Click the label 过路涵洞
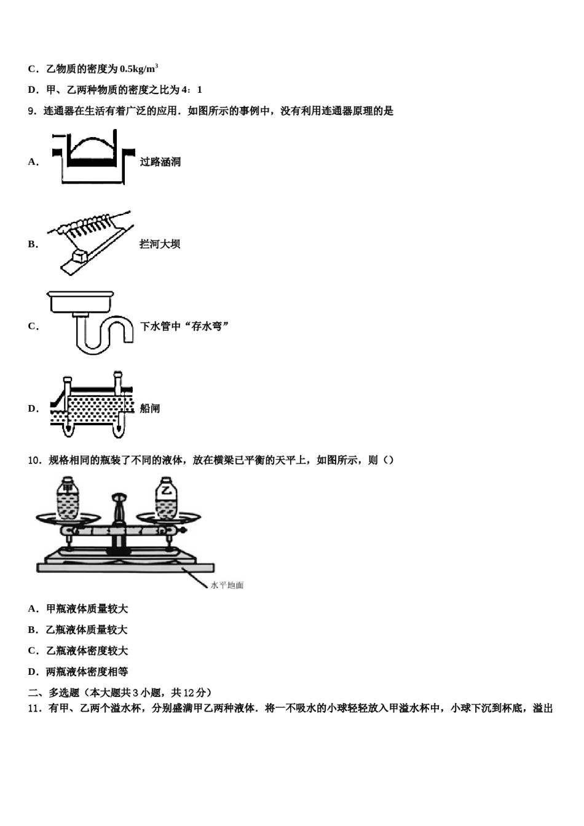[160, 162]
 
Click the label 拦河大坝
[160, 244]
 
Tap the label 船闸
[150, 408]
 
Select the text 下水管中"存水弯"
[184, 326]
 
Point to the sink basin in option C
[80, 303]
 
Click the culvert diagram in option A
[92, 157]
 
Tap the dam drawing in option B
[92, 242]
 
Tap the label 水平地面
[227, 585]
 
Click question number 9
[32, 111]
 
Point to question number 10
[34, 460]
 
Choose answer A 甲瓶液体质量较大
[79, 609]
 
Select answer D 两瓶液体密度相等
[79, 672]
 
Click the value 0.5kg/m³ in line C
[139, 69]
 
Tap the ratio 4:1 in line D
[192, 90]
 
